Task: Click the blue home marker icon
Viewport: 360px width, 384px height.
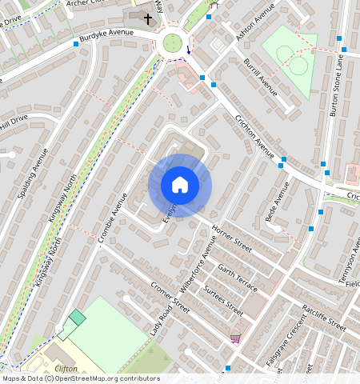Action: (x=180, y=185)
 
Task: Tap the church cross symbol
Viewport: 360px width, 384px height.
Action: (x=148, y=18)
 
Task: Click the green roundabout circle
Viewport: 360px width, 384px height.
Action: (x=172, y=42)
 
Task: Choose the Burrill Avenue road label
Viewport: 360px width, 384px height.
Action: (x=261, y=76)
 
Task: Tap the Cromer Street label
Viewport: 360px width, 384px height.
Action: (x=170, y=297)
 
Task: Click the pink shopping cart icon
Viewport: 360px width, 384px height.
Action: (x=234, y=337)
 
